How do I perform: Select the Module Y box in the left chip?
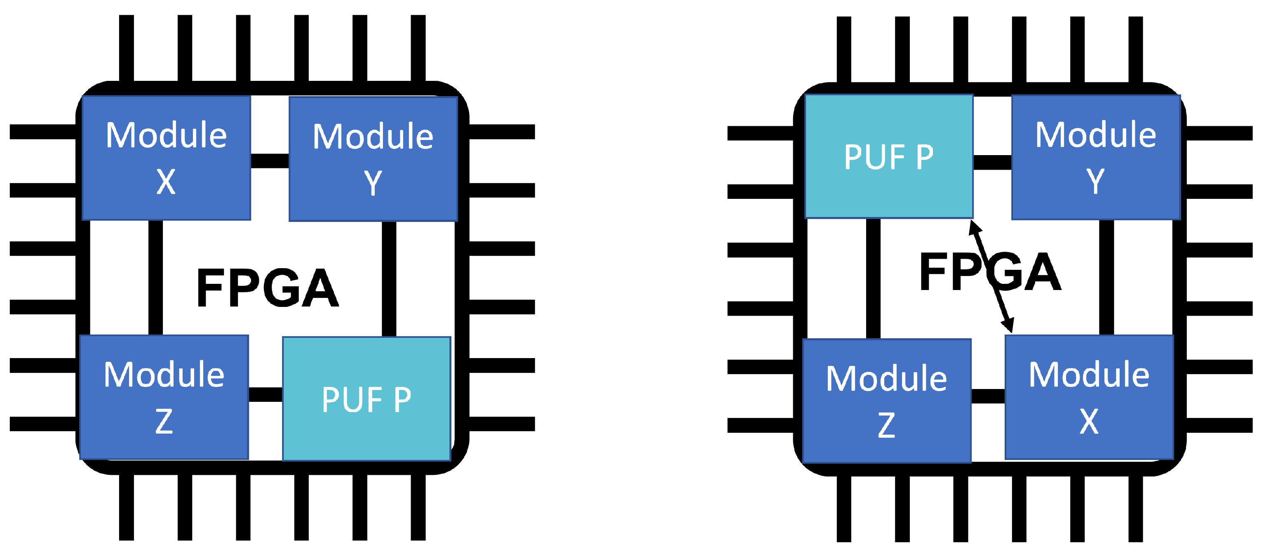pyautogui.click(x=373, y=159)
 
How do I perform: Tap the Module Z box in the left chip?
pyautogui.click(x=164, y=397)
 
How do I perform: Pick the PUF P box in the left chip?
pyautogui.click(x=366, y=399)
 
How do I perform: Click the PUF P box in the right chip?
pyautogui.click(x=888, y=156)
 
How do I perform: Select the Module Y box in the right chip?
pyautogui.click(x=1095, y=157)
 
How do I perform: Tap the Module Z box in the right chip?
pyautogui.click(x=887, y=401)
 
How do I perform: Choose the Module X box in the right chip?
pyautogui.click(x=1089, y=397)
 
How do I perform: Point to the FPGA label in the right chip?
pyautogui.click(x=990, y=271)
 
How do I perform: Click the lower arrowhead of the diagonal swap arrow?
pyautogui.click(x=1008, y=325)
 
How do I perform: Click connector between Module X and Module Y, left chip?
pyautogui.click(x=270, y=161)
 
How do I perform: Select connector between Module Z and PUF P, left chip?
pyautogui.click(x=265, y=394)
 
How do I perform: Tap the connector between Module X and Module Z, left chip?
pyautogui.click(x=155, y=278)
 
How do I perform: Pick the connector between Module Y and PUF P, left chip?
pyautogui.click(x=389, y=279)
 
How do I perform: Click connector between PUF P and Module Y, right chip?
pyautogui.click(x=992, y=162)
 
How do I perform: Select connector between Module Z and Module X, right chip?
pyautogui.click(x=988, y=396)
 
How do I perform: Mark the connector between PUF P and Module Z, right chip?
pyautogui.click(x=873, y=278)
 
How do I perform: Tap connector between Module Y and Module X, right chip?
pyautogui.click(x=1106, y=277)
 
